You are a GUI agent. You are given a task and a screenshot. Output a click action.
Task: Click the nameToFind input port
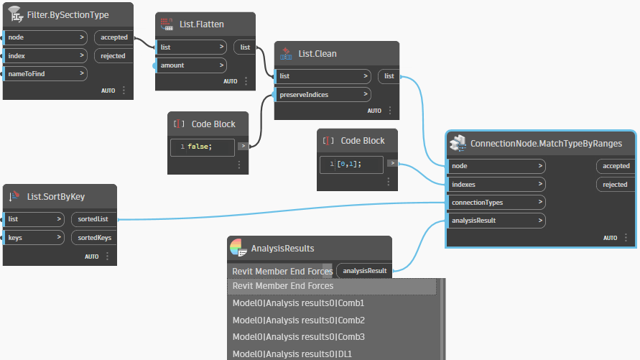pos(45,74)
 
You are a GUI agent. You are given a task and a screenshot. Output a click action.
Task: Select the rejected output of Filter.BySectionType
pos(113,56)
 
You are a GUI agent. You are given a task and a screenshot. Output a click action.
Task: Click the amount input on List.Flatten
pos(191,65)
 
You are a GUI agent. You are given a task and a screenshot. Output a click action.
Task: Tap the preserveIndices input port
pos(323,95)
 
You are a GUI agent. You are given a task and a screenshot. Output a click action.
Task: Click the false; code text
pos(200,147)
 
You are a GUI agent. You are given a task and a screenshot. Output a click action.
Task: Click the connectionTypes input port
pos(496,203)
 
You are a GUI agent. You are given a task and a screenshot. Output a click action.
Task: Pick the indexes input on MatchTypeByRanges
pos(496,185)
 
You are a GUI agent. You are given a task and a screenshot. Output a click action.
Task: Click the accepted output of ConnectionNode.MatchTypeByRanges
pos(616,166)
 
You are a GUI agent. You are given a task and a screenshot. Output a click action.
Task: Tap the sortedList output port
pos(93,219)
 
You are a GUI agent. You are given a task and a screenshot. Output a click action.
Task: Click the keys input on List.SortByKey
pos(34,238)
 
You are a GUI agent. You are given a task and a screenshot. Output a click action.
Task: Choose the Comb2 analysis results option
pos(298,320)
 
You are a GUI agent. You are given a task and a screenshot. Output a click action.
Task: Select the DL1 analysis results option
pos(292,354)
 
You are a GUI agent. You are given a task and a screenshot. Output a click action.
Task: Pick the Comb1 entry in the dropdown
pos(298,303)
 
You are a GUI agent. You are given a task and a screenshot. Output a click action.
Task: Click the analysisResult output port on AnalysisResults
pos(364,271)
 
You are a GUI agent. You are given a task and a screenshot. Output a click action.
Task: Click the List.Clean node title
pos(317,54)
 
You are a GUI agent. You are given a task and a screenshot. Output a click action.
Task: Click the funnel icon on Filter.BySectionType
pos(16,14)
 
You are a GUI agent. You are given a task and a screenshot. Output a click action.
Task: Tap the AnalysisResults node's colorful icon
pos(238,247)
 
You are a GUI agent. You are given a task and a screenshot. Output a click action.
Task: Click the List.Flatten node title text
pos(202,24)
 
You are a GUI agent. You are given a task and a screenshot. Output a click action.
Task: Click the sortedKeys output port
pos(94,238)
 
